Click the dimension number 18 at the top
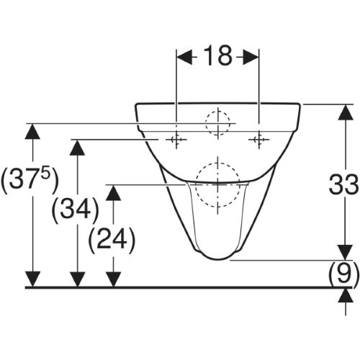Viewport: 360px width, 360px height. click(x=218, y=56)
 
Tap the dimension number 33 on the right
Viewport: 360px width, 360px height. click(x=343, y=184)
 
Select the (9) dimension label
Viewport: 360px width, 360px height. click(x=343, y=273)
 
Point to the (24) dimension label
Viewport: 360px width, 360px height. click(x=112, y=240)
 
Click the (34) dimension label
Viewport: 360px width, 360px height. click(x=76, y=210)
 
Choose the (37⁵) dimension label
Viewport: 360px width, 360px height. click(x=30, y=181)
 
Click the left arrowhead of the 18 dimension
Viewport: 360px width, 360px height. click(x=184, y=57)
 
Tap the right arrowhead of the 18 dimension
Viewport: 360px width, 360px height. click(x=251, y=57)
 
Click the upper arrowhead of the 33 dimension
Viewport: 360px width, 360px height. click(x=346, y=112)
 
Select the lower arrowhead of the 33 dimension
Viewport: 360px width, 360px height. click(x=346, y=253)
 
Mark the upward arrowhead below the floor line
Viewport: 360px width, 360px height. click(x=346, y=295)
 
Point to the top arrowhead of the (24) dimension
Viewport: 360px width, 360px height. click(x=113, y=193)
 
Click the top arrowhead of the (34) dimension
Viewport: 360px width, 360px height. click(x=77, y=147)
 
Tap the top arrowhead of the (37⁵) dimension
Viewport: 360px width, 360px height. click(x=32, y=131)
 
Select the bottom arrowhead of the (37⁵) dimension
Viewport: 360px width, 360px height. click(x=32, y=279)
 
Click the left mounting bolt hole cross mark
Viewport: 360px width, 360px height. click(x=176, y=140)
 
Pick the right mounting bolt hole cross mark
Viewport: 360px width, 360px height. click(x=258, y=140)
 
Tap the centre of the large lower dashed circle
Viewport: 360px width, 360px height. click(x=218, y=185)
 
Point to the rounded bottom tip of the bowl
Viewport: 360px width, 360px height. click(x=218, y=260)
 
